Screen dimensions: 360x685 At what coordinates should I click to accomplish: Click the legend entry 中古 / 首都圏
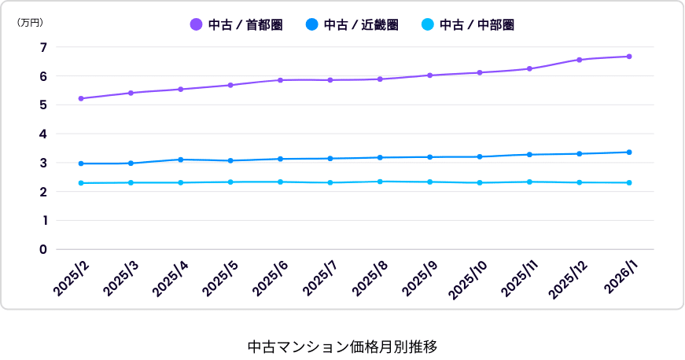coord(237,25)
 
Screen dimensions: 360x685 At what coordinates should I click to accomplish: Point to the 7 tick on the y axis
coord(44,47)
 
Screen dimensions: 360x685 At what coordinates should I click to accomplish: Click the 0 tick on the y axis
coord(44,249)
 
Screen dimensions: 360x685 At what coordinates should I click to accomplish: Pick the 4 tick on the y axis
coord(44,134)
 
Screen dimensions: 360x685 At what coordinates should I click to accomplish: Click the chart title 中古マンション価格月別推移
coord(342,346)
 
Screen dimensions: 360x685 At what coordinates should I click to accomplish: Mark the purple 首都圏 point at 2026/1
coord(629,57)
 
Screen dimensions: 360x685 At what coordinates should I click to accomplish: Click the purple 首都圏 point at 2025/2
coord(81,98)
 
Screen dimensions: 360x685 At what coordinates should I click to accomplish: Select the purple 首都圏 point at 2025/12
coord(580,60)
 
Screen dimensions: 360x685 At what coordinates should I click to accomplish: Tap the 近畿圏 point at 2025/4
coord(181,160)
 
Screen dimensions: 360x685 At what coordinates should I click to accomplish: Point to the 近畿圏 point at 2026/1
coord(629,152)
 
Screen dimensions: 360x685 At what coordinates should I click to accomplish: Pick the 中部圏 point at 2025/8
coord(380,182)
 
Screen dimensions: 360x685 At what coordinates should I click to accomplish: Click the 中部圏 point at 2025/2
coord(81,183)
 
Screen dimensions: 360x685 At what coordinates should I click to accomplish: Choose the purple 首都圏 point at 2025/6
coord(280,80)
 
